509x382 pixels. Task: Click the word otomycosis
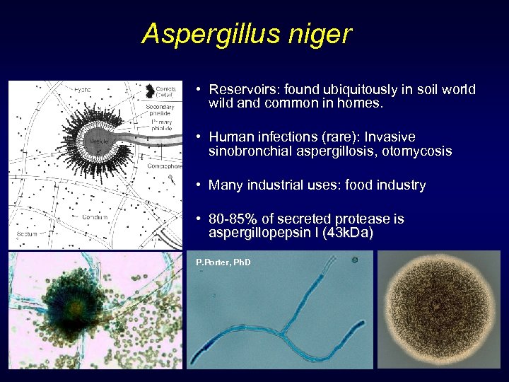420,151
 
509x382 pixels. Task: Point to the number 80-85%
233,219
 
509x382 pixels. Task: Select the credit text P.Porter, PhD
223,262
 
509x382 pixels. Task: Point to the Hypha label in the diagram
83,90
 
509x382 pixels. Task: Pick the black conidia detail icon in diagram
149,91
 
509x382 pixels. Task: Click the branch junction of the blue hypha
285,329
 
